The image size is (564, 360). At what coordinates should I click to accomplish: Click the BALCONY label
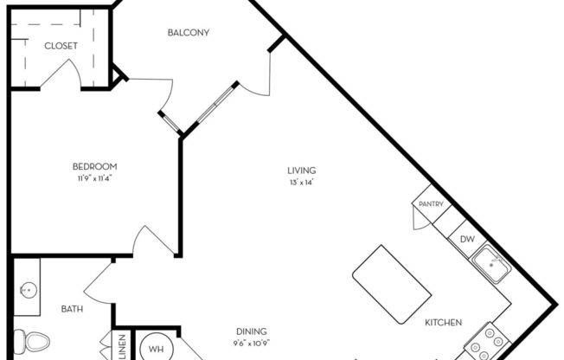click(x=188, y=33)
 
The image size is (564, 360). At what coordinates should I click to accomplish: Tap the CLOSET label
click(x=60, y=46)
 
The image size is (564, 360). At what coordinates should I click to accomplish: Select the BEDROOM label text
click(x=94, y=166)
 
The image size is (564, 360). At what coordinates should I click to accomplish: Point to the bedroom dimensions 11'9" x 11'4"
click(x=94, y=178)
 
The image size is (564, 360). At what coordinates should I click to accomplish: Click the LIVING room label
click(x=302, y=170)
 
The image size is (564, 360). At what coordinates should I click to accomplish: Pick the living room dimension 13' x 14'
click(x=302, y=183)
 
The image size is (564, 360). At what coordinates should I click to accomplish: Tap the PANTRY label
click(x=431, y=205)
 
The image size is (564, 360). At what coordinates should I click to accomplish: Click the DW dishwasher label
click(x=466, y=240)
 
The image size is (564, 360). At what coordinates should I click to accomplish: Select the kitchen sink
click(x=492, y=262)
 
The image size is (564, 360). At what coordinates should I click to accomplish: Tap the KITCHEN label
click(x=443, y=323)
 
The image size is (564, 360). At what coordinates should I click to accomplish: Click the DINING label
click(x=251, y=331)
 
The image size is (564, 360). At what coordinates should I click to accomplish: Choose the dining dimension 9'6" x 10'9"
click(x=251, y=343)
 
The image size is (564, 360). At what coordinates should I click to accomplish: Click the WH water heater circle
click(x=157, y=348)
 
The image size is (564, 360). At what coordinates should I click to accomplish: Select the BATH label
click(x=72, y=308)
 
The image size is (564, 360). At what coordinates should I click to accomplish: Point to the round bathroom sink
click(x=28, y=289)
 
